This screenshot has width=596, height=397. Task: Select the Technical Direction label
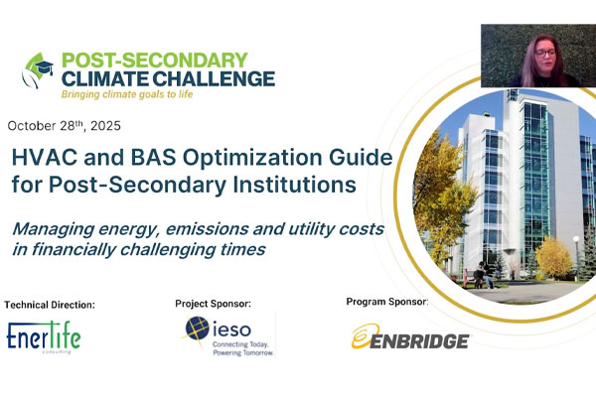[x=50, y=304]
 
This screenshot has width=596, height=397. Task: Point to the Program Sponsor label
[x=391, y=301]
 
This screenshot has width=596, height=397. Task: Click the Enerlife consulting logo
[x=44, y=337]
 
